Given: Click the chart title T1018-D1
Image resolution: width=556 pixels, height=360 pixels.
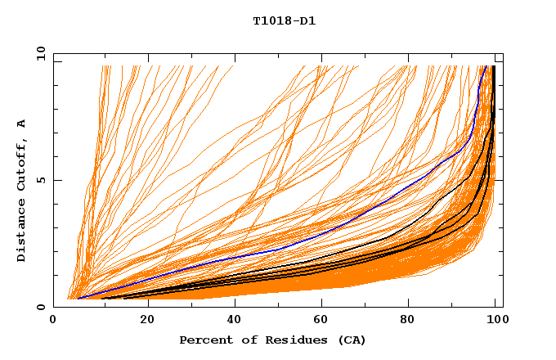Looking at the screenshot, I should tap(284, 21).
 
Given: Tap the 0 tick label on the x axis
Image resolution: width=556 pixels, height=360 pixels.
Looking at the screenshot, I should tap(54, 320).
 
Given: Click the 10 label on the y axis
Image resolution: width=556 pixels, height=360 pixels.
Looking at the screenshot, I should tap(41, 54).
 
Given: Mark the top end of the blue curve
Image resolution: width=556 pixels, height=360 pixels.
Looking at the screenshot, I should tap(486, 66).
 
